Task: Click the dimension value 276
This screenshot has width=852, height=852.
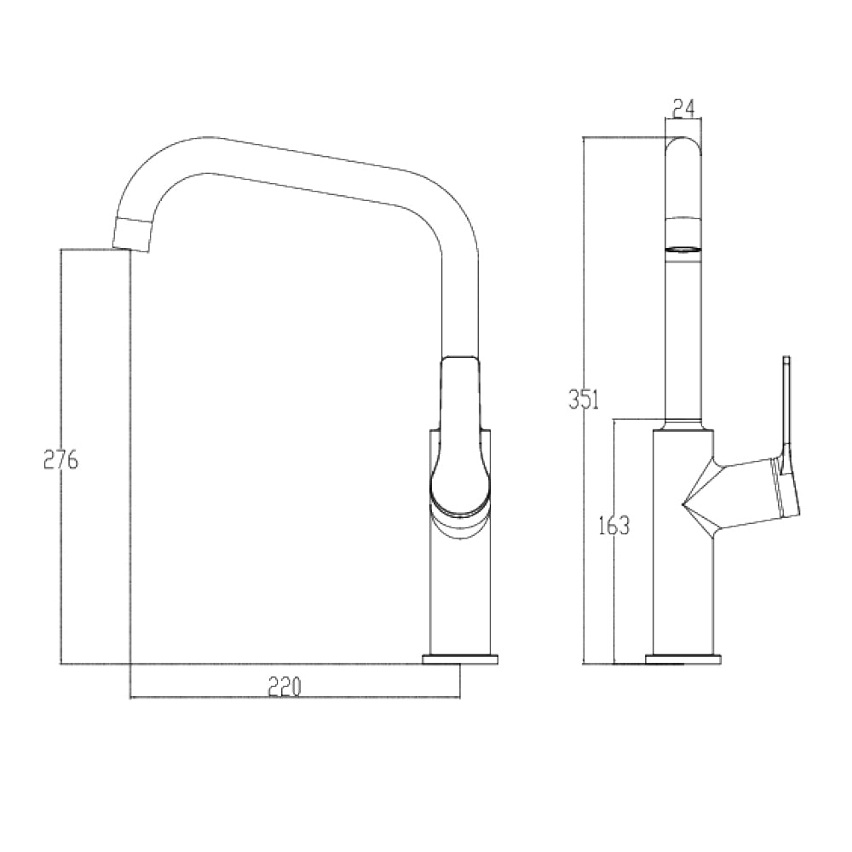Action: point(60,460)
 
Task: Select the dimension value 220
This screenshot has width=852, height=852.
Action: point(285,686)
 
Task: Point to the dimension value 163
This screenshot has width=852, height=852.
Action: point(613,526)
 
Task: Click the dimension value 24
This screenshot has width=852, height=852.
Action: point(683,108)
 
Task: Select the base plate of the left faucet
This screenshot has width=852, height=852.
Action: point(461,659)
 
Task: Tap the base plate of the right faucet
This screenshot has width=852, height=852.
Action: point(683,659)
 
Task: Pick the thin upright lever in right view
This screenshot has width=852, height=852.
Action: point(786,400)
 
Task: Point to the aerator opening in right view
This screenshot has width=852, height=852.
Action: point(682,249)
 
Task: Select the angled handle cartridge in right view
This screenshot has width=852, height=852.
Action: point(758,490)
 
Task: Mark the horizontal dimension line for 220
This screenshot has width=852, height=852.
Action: point(213,698)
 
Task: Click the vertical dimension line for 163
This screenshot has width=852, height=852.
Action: point(614,596)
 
